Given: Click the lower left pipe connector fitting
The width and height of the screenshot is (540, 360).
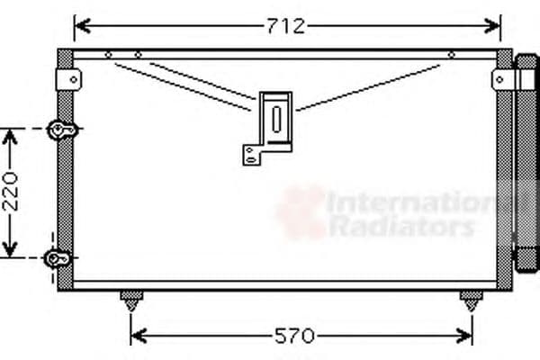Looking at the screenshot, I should (x=59, y=259).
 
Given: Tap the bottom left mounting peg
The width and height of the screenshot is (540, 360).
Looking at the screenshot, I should (x=131, y=299).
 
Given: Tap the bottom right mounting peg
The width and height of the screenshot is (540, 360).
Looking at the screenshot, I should (x=470, y=299).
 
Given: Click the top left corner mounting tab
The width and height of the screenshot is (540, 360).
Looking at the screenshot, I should (x=67, y=79).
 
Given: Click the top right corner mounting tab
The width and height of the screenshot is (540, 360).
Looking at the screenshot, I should (x=502, y=79).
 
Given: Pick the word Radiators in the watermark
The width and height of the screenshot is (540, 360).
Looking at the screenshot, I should (x=400, y=226).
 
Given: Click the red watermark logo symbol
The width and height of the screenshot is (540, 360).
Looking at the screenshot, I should (x=301, y=211).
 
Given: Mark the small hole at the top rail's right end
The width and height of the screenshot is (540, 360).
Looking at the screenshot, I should (x=450, y=55).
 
